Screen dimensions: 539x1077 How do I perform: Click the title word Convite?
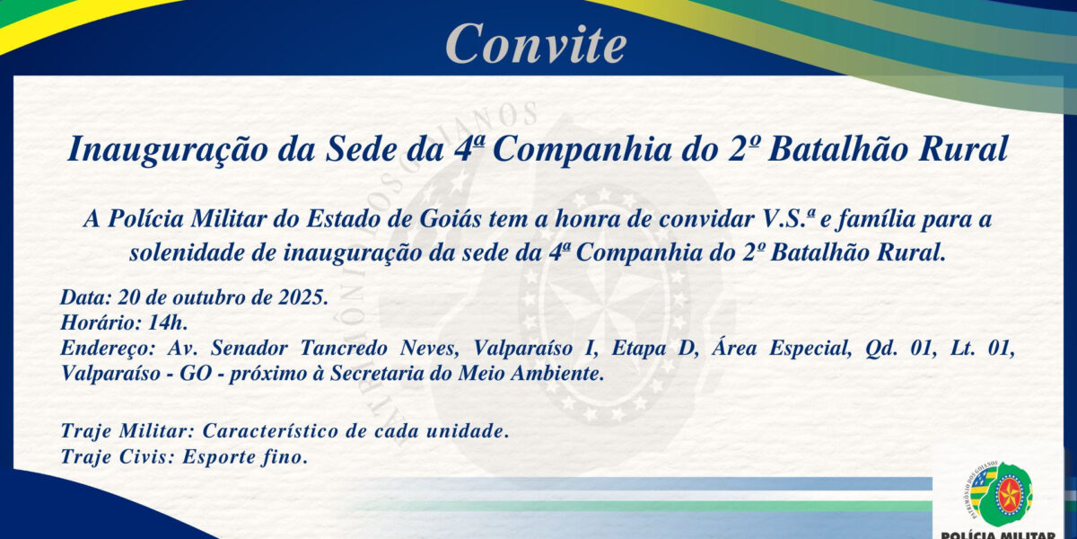point(536,42)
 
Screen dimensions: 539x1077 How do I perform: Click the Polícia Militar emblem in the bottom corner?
point(1002,496)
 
